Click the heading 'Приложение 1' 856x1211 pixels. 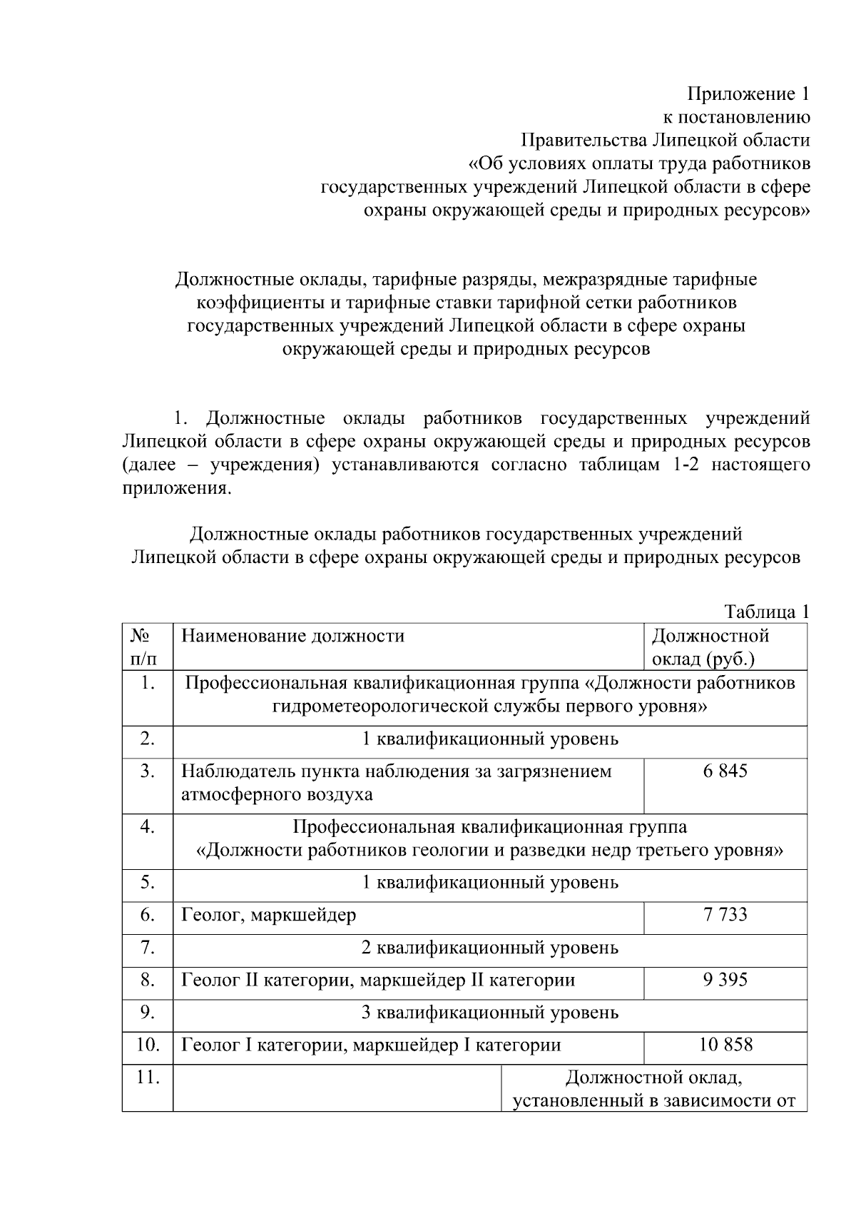click(748, 94)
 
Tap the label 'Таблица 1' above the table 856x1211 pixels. click(767, 612)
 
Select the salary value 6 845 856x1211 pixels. click(725, 771)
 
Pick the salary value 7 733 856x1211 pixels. click(725, 914)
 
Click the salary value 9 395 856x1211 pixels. click(725, 980)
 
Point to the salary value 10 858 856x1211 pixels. click(725, 1045)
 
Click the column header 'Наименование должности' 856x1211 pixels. click(292, 635)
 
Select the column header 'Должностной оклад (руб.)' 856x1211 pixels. click(710, 647)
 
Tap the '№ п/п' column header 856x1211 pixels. click(147, 647)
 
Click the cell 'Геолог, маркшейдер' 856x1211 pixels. click(269, 914)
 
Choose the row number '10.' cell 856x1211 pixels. click(147, 1045)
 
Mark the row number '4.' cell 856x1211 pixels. click(147, 827)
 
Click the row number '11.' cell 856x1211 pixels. click(147, 1077)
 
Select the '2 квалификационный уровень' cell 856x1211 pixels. click(490, 948)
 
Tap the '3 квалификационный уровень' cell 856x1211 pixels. click(490, 1013)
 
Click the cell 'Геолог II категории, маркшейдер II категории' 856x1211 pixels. click(378, 980)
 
